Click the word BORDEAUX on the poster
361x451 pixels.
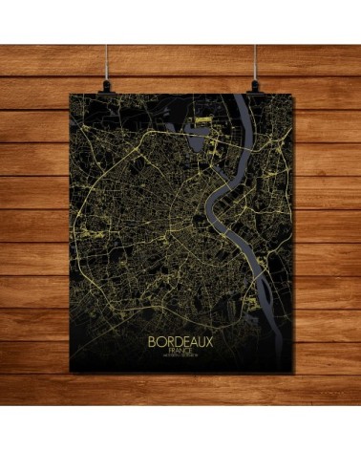coord(181,340)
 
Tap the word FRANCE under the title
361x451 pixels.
coord(180,351)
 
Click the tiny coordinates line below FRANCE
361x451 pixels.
coord(180,357)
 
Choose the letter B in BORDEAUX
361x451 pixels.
coord(151,340)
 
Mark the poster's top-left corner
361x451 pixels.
coord(71,93)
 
